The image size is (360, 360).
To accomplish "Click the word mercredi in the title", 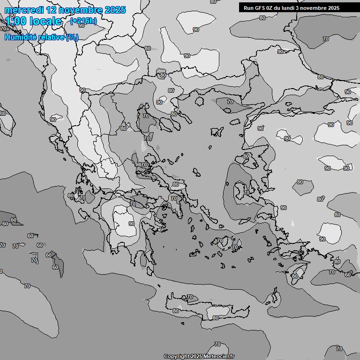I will [x=24, y=9].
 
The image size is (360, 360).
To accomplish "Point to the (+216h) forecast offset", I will [x=83, y=21].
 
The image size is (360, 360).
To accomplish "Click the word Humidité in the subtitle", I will [x=19, y=37].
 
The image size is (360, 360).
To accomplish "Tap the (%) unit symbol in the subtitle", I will [x=72, y=37].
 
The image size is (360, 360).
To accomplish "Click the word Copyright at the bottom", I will [x=177, y=357].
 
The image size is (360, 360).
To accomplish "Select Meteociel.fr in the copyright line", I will [x=219, y=357].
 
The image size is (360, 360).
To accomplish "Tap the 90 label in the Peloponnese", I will [x=132, y=224].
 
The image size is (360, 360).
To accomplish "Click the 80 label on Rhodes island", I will [x=294, y=276].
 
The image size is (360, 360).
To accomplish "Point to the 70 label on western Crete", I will [x=189, y=297].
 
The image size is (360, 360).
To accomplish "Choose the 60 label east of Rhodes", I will [x=347, y=275].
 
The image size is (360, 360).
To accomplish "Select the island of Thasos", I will [x=199, y=101].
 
